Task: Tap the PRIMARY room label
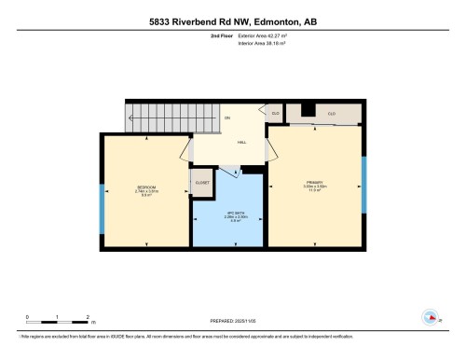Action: click(313, 181)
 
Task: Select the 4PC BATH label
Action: click(227, 212)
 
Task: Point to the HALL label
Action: click(241, 142)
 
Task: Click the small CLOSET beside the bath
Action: click(201, 181)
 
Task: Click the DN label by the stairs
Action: click(226, 118)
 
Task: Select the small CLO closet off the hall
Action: click(275, 113)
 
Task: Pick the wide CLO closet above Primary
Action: click(331, 113)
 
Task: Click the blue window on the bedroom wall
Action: click(103, 196)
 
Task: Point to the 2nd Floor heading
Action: click(224, 38)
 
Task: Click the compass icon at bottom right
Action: click(430, 315)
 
